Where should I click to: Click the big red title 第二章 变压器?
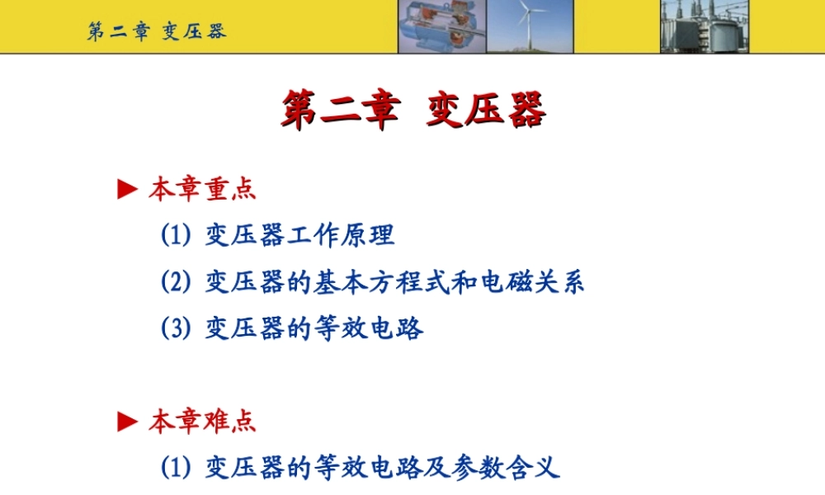click(x=412, y=111)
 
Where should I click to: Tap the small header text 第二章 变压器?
click(x=157, y=31)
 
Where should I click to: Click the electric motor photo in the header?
click(x=441, y=26)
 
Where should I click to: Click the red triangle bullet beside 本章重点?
click(x=126, y=190)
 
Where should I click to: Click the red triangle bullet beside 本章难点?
click(x=126, y=422)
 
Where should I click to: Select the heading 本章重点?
click(x=202, y=189)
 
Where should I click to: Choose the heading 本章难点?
click(x=202, y=422)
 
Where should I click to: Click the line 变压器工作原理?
click(x=299, y=235)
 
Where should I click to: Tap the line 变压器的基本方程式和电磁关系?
click(x=394, y=282)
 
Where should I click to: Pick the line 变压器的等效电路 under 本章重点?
click(x=313, y=328)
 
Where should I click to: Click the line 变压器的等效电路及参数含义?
click(x=382, y=469)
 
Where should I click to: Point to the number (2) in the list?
click(x=175, y=282)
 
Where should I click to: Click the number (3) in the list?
click(x=175, y=328)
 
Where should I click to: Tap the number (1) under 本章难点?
click(x=175, y=469)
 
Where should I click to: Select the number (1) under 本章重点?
click(x=175, y=235)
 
